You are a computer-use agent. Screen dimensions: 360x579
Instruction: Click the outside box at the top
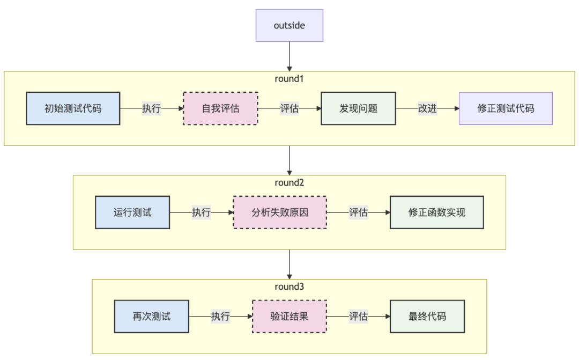[x=289, y=25]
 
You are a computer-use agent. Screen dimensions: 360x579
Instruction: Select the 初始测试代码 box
[x=73, y=108]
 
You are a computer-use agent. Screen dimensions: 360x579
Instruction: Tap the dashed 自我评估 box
[x=220, y=108]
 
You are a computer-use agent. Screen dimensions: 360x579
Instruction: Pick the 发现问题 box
[x=358, y=108]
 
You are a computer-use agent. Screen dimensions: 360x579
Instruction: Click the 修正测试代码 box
[x=506, y=108]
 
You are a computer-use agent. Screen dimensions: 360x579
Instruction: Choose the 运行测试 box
[x=132, y=212]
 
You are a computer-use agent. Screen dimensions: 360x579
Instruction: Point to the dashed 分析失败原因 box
[x=279, y=212]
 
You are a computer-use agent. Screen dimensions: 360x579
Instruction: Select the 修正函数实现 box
[x=437, y=212]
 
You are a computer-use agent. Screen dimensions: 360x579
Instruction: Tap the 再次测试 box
[x=151, y=317]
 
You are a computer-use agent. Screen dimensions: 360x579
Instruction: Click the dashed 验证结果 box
[x=289, y=317]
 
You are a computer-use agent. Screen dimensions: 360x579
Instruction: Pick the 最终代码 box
[x=427, y=317]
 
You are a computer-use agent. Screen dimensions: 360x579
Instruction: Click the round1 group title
[x=289, y=78]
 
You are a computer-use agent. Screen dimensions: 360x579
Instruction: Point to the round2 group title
[x=289, y=182]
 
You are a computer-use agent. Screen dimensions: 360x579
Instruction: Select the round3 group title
[x=289, y=286]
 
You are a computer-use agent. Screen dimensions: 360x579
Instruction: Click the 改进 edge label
[x=427, y=108]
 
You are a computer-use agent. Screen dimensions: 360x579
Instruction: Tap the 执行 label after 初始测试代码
[x=151, y=108]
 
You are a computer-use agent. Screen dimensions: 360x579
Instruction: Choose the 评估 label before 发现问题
[x=289, y=108]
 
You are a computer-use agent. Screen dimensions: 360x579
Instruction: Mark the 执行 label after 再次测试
[x=220, y=317]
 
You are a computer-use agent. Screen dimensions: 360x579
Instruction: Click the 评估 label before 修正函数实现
[x=358, y=212]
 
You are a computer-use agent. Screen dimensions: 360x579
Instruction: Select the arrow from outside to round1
[x=289, y=56]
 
